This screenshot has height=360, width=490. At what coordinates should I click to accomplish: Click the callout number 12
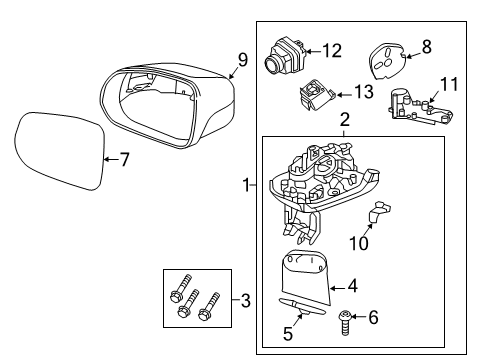coord(331,48)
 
